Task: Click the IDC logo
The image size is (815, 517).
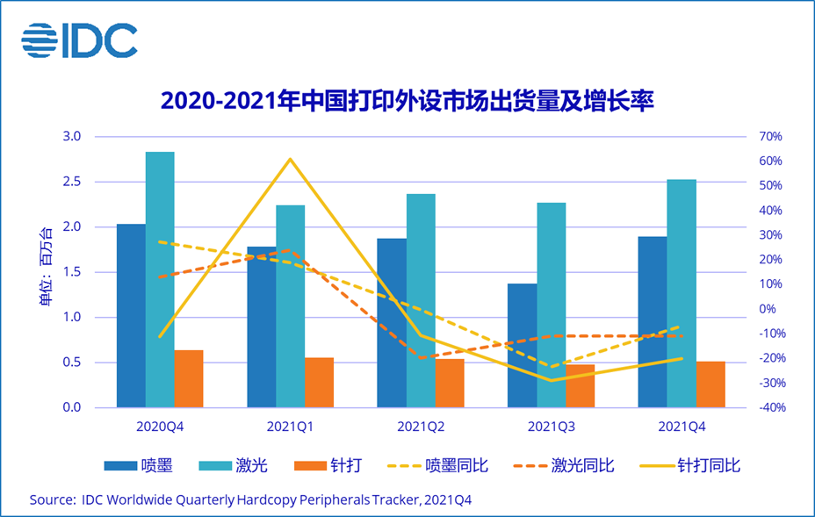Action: [x=80, y=40]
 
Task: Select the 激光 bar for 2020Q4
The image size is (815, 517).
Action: [x=160, y=279]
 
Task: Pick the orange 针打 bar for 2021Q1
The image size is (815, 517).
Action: [x=319, y=383]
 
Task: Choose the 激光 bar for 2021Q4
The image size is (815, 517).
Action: [x=682, y=293]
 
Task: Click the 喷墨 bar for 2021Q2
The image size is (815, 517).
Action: [x=392, y=322]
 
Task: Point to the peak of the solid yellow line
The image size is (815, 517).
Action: [x=290, y=159]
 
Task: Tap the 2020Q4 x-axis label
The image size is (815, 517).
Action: [x=160, y=427]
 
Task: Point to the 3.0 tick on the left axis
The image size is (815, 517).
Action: [x=72, y=137]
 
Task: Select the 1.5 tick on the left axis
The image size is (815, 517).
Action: [x=72, y=272]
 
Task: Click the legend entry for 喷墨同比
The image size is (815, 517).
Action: [x=456, y=465]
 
